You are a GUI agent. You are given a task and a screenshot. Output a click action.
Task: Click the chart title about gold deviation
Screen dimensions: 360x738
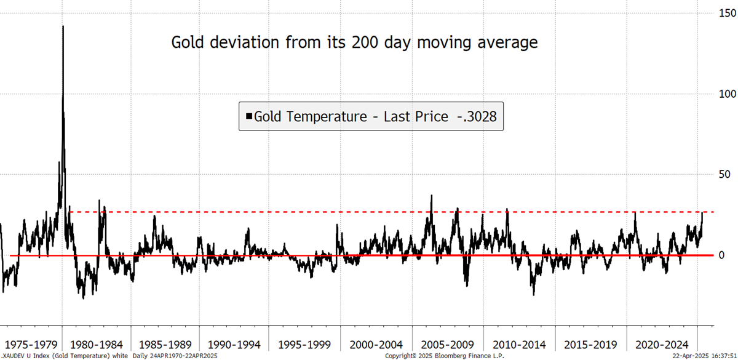coord(354,42)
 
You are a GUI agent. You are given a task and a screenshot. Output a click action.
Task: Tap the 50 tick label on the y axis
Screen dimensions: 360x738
coord(723,174)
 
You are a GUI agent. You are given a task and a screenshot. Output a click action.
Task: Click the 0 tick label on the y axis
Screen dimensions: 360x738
coord(721,255)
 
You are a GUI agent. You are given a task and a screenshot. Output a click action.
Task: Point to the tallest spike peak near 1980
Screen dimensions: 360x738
coord(63,26)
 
